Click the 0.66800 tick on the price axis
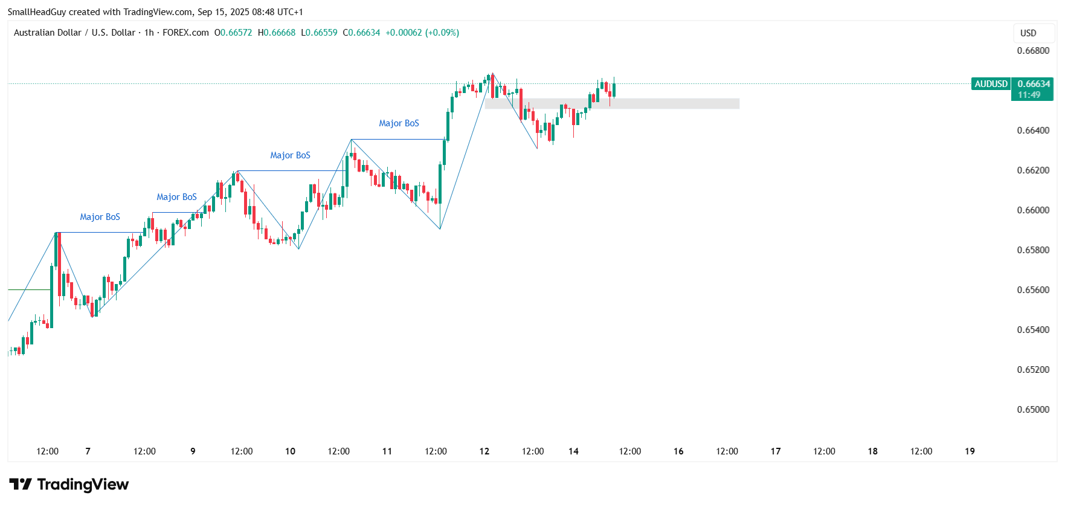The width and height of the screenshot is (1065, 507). (x=1033, y=51)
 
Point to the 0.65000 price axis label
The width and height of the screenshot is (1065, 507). (x=1033, y=410)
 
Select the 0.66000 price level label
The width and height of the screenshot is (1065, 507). (x=1033, y=210)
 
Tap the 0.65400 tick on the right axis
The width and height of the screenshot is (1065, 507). (x=1033, y=330)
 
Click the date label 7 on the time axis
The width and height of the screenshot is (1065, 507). (x=88, y=451)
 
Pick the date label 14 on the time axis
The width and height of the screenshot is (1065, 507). (x=573, y=451)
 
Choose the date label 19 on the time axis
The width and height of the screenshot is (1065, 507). (x=970, y=451)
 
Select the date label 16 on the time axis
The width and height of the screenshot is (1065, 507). (x=678, y=451)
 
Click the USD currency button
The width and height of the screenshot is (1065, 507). (x=1028, y=33)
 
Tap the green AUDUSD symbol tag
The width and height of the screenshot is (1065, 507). (x=991, y=84)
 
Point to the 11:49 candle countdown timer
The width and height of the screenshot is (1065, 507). (x=1029, y=95)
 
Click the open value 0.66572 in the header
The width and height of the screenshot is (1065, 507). (x=236, y=33)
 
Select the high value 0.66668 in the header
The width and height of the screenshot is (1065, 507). (x=279, y=33)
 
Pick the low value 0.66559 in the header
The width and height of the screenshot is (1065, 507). (x=322, y=33)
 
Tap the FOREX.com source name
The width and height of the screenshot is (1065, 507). (x=185, y=33)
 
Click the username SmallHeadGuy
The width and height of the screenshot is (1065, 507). (x=36, y=12)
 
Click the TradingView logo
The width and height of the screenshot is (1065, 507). (x=69, y=485)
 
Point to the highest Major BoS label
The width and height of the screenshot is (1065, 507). (x=399, y=123)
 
